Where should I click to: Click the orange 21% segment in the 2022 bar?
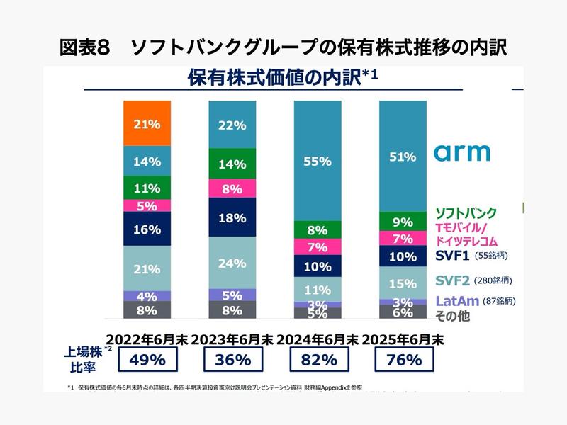(x=147, y=124)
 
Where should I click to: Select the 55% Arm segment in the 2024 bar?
(x=318, y=161)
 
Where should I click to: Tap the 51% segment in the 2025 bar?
(x=403, y=157)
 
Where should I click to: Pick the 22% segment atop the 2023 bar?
(x=232, y=125)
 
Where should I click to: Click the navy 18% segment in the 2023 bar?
(x=232, y=218)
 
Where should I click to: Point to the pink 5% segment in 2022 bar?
(x=147, y=206)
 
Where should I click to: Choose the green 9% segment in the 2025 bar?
(x=403, y=222)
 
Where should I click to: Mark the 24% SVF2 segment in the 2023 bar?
(x=232, y=263)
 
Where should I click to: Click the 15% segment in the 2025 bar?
(x=403, y=283)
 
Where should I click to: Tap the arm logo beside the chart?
(x=461, y=152)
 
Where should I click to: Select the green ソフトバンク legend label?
(x=466, y=212)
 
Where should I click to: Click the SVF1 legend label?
(x=454, y=256)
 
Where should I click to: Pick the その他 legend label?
(x=452, y=317)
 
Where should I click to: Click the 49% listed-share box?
(x=147, y=359)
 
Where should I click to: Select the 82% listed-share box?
(x=318, y=359)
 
